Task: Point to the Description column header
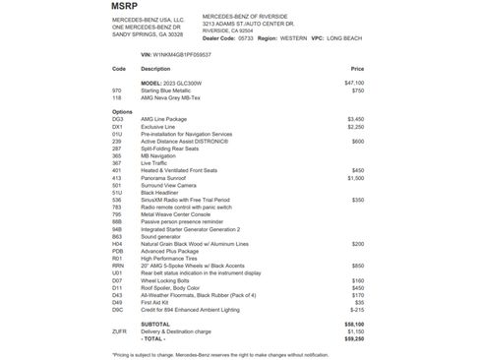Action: pos(155,69)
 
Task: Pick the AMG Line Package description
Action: pos(164,118)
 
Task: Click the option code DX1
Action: pos(118,126)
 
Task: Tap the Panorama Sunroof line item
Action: pos(167,177)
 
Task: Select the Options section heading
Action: pos(122,110)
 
